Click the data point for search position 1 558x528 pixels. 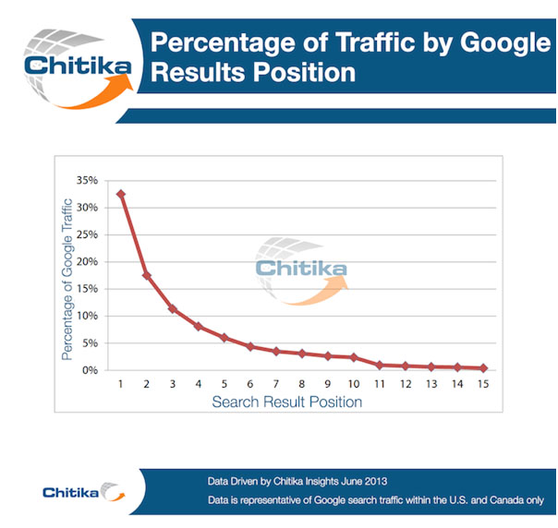point(121,194)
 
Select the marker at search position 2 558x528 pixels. point(147,275)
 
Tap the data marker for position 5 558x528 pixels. point(224,337)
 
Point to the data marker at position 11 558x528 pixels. point(380,366)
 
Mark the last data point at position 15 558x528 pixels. point(483,368)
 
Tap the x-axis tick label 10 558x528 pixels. point(353,383)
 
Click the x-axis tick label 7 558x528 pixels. point(275,383)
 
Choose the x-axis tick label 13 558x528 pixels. point(431,383)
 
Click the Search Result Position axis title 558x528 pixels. point(286,402)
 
